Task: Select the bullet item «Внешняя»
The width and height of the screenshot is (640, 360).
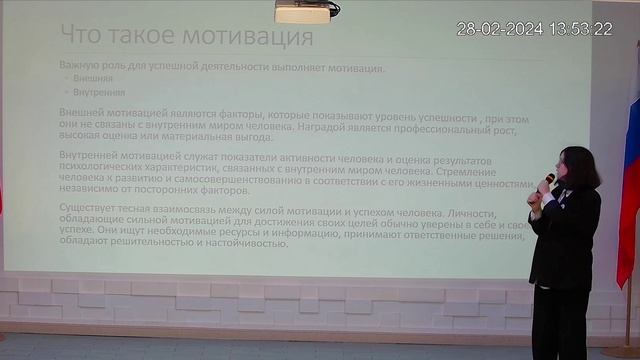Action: point(93,78)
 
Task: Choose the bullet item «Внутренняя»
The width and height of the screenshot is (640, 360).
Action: point(98,92)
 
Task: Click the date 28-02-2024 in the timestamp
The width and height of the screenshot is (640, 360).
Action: point(499,29)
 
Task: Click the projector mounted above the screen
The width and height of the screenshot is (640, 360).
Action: point(302,11)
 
